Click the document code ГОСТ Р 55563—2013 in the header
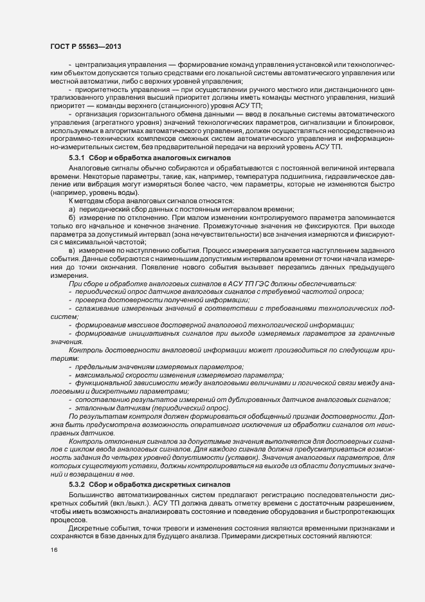pyautogui.click(x=83, y=47)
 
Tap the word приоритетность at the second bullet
pyautogui.click(x=104, y=90)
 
